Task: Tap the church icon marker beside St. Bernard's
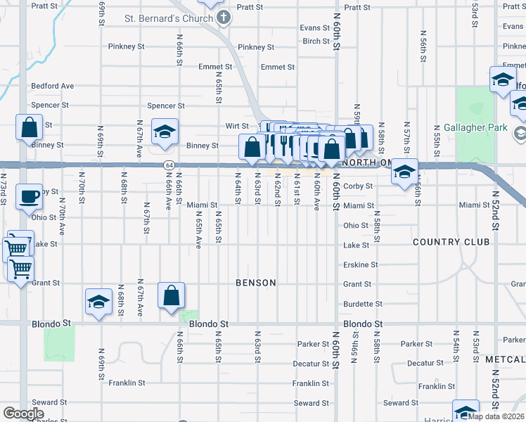(x=224, y=18)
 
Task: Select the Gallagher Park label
(x=475, y=128)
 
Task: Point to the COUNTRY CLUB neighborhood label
(x=451, y=242)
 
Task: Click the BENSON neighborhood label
(x=255, y=283)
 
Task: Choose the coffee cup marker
(x=29, y=198)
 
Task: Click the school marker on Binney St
(x=165, y=132)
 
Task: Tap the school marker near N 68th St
(x=99, y=302)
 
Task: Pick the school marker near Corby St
(x=404, y=172)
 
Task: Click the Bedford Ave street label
(x=52, y=86)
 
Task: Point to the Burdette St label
(x=362, y=304)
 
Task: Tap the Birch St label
(x=316, y=41)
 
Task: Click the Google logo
(x=23, y=414)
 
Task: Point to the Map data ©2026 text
(x=496, y=416)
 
